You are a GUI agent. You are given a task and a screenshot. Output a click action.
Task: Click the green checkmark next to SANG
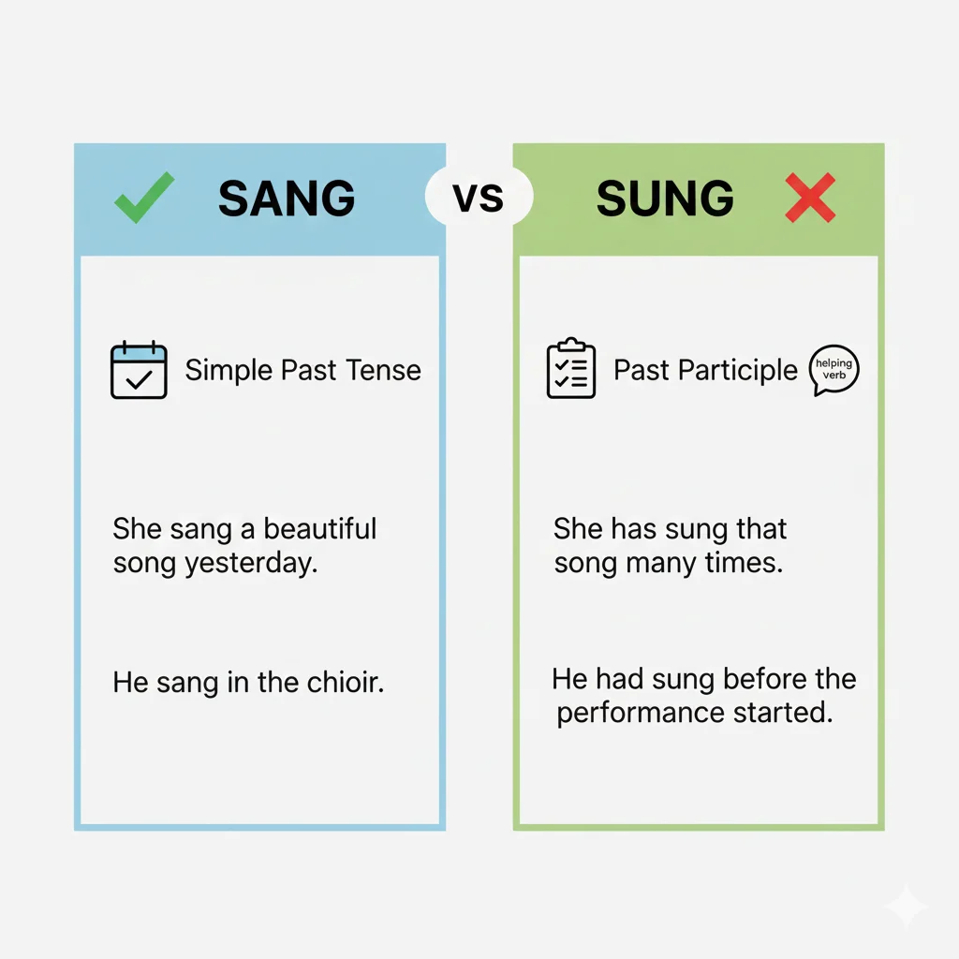pos(143,197)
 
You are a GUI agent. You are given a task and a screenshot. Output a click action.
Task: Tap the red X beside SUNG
pos(810,199)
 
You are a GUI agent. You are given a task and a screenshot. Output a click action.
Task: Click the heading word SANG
pos(287,199)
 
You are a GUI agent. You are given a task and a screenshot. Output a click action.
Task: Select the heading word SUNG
pos(665,199)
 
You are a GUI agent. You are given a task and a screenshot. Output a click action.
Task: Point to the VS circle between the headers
pos(479,198)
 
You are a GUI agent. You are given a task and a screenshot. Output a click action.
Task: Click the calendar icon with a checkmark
pos(139,371)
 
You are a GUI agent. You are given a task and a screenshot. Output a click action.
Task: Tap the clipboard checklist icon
pos(570,370)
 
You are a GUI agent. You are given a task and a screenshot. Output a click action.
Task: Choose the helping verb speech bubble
pos(833,369)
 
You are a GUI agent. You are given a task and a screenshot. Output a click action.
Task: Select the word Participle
pos(739,370)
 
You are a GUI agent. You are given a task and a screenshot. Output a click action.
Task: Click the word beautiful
pos(320,528)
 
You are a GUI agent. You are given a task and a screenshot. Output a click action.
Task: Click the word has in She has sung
pos(634,528)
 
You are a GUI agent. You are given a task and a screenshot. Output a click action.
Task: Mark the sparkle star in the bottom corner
pos(906,907)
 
